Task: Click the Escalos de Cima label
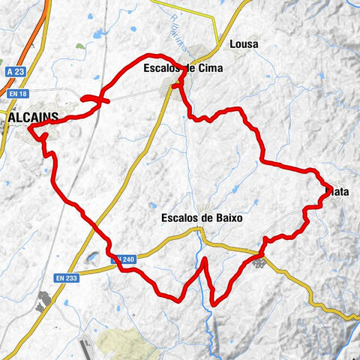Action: pos(181,69)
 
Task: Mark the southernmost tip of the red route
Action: pos(214,304)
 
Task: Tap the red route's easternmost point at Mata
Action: pos(332,186)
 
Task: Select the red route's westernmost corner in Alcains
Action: pos(30,128)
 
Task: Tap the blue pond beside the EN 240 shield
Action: pos(91,259)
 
